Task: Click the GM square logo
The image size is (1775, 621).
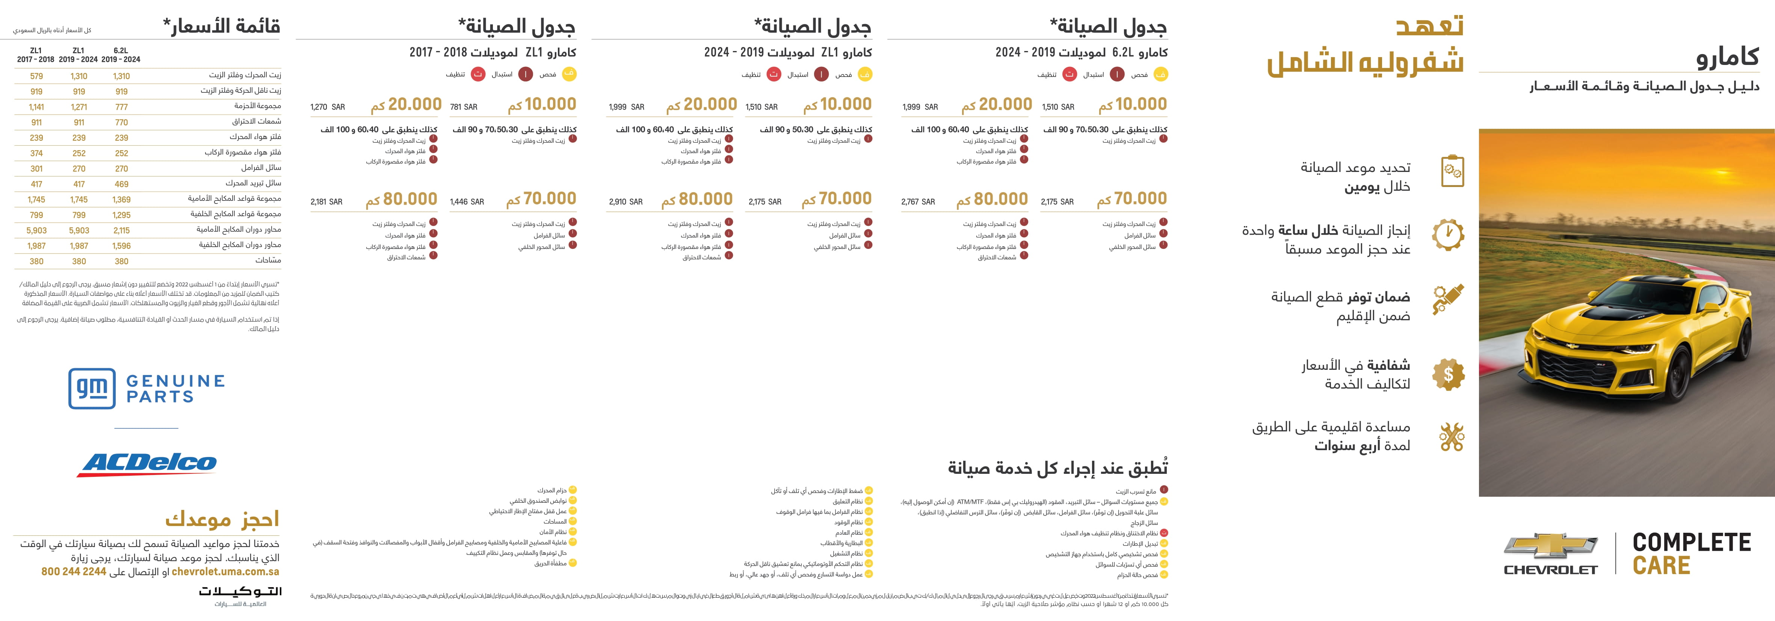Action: pos(92,388)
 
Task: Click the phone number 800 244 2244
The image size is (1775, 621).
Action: pos(74,571)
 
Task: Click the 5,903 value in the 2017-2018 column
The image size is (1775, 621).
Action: pos(36,231)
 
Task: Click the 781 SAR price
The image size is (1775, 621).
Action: pos(463,107)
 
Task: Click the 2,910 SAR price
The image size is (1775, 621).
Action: pos(625,202)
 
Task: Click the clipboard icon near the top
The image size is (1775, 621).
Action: pos(1453,171)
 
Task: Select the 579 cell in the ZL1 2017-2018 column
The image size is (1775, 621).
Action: pos(36,77)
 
